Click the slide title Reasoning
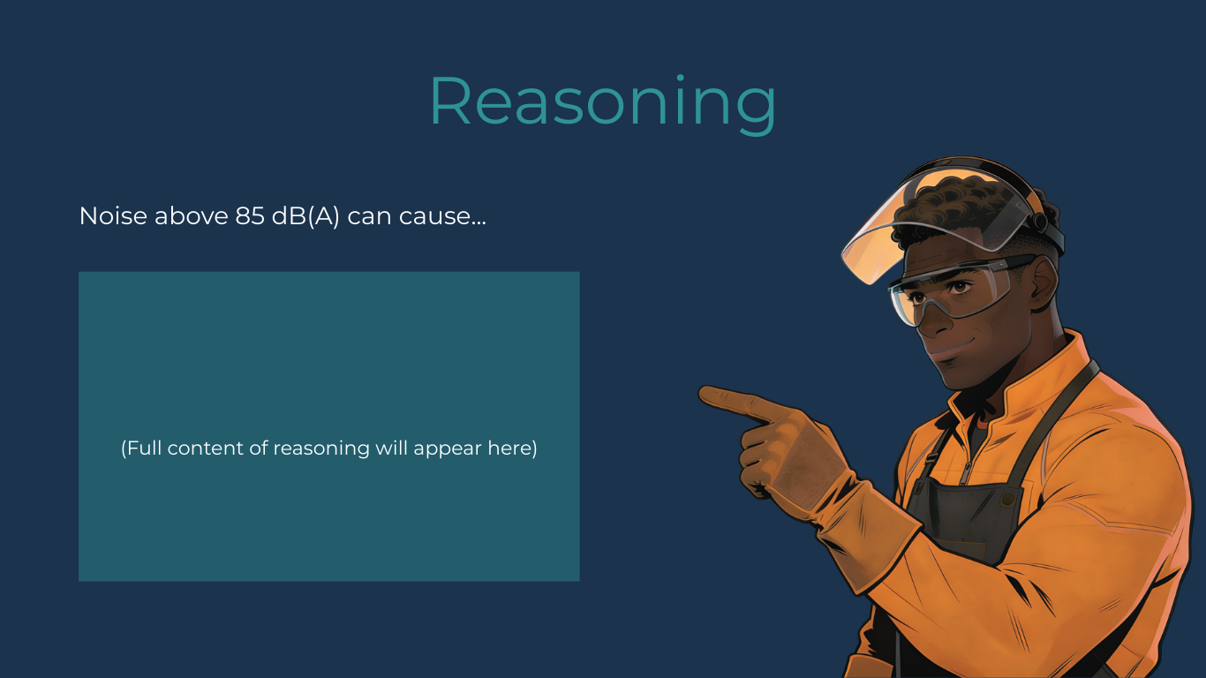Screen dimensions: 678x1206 point(602,102)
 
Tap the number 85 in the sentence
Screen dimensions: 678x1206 point(250,216)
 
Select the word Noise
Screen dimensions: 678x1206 point(113,216)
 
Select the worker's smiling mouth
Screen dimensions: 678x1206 point(943,347)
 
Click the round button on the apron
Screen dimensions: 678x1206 point(1007,500)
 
